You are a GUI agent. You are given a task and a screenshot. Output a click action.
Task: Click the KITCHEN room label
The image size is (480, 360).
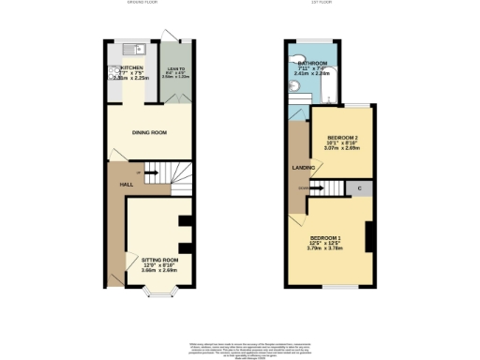[131, 67]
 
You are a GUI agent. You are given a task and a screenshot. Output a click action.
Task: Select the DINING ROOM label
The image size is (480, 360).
[149, 132]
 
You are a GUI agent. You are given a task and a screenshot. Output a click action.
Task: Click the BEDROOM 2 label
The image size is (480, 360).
[342, 138]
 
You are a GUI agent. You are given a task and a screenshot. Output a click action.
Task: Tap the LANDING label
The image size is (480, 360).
[304, 168]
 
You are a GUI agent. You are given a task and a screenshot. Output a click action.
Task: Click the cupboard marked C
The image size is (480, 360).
[359, 189]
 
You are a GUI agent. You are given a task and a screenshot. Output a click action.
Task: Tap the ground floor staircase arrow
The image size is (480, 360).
[151, 172]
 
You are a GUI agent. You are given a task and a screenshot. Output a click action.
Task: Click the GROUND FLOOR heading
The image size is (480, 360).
[144, 3]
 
